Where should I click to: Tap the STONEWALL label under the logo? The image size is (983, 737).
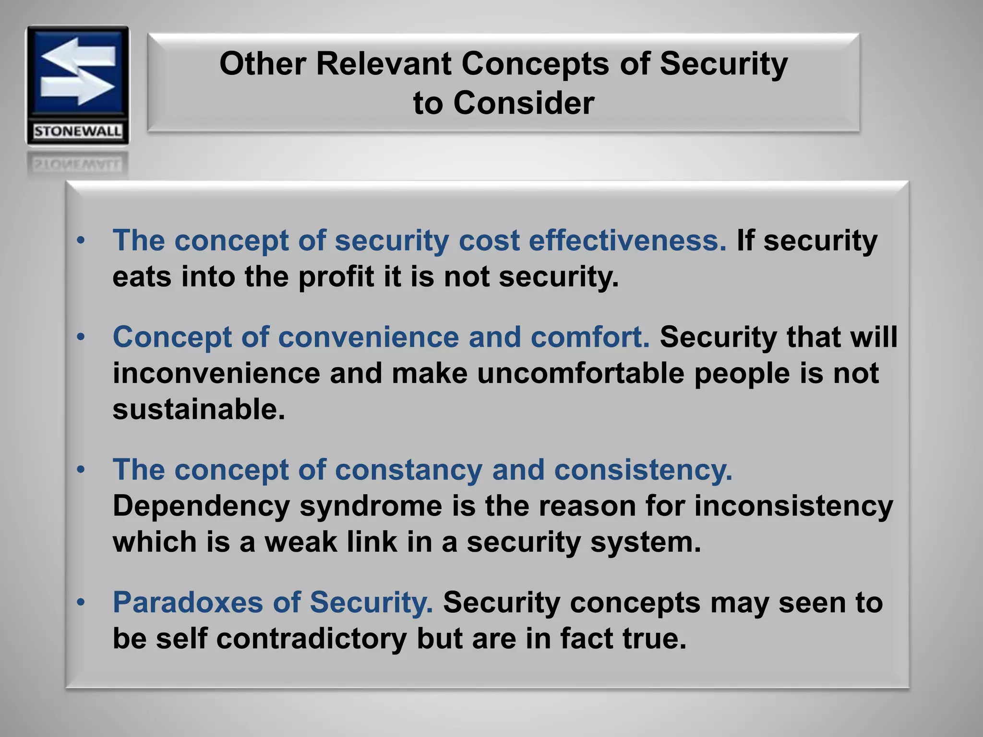(x=77, y=131)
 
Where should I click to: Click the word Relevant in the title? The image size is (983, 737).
(x=384, y=64)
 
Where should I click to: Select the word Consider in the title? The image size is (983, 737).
(x=524, y=103)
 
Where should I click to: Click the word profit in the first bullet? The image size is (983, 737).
(x=336, y=277)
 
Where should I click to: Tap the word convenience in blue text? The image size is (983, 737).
(x=368, y=337)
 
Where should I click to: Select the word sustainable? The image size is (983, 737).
(x=199, y=410)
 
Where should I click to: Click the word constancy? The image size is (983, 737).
(x=408, y=469)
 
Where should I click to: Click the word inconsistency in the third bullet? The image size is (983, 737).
(x=793, y=506)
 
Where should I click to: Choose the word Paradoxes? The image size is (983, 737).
(x=188, y=602)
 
